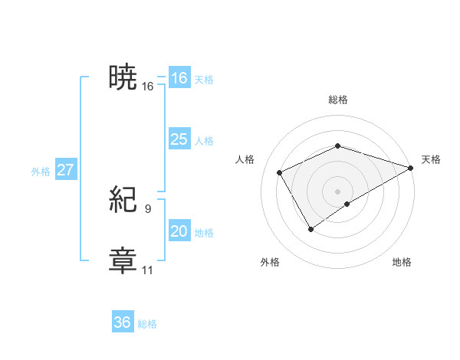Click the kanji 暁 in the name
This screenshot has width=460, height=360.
pyautogui.click(x=123, y=78)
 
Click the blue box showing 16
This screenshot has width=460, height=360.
pyautogui.click(x=179, y=78)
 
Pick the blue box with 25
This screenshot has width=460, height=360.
pyautogui.click(x=179, y=139)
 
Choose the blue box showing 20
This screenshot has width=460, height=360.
pyautogui.click(x=179, y=231)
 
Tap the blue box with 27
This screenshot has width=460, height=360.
pyautogui.click(x=66, y=170)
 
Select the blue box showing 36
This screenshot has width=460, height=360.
pyautogui.click(x=123, y=322)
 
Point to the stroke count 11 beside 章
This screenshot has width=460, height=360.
pyautogui.click(x=148, y=270)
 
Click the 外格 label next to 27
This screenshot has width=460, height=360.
pyautogui.click(x=41, y=172)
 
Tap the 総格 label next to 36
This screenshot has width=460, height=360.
pyautogui.click(x=147, y=324)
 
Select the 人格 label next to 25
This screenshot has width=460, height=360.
pyautogui.click(x=204, y=141)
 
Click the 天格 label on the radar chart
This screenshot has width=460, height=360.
pyautogui.click(x=431, y=159)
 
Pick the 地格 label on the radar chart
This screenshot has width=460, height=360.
pyautogui.click(x=402, y=263)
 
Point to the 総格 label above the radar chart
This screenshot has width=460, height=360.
pyautogui.click(x=338, y=100)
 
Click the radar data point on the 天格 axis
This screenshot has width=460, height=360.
pyautogui.click(x=412, y=167)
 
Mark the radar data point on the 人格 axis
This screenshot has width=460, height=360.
pyautogui.click(x=280, y=172)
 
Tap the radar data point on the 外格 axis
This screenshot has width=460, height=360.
pyautogui.click(x=311, y=228)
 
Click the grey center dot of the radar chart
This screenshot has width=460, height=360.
pyautogui.click(x=338, y=191)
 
